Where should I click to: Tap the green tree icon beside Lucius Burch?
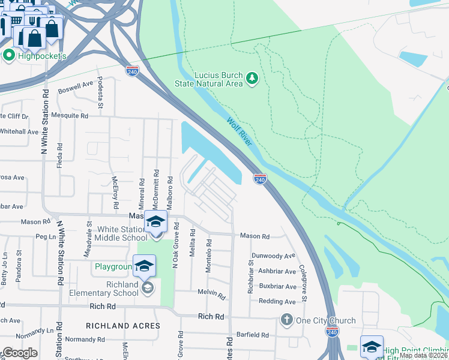252,78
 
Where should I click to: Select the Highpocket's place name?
41,56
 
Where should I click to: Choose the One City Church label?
327,320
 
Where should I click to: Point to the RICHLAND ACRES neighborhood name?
123,326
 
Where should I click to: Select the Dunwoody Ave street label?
274,256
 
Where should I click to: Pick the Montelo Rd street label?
209,256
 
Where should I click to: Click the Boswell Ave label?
76,88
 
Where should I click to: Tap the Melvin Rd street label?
211,295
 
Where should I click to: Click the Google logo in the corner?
19,353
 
